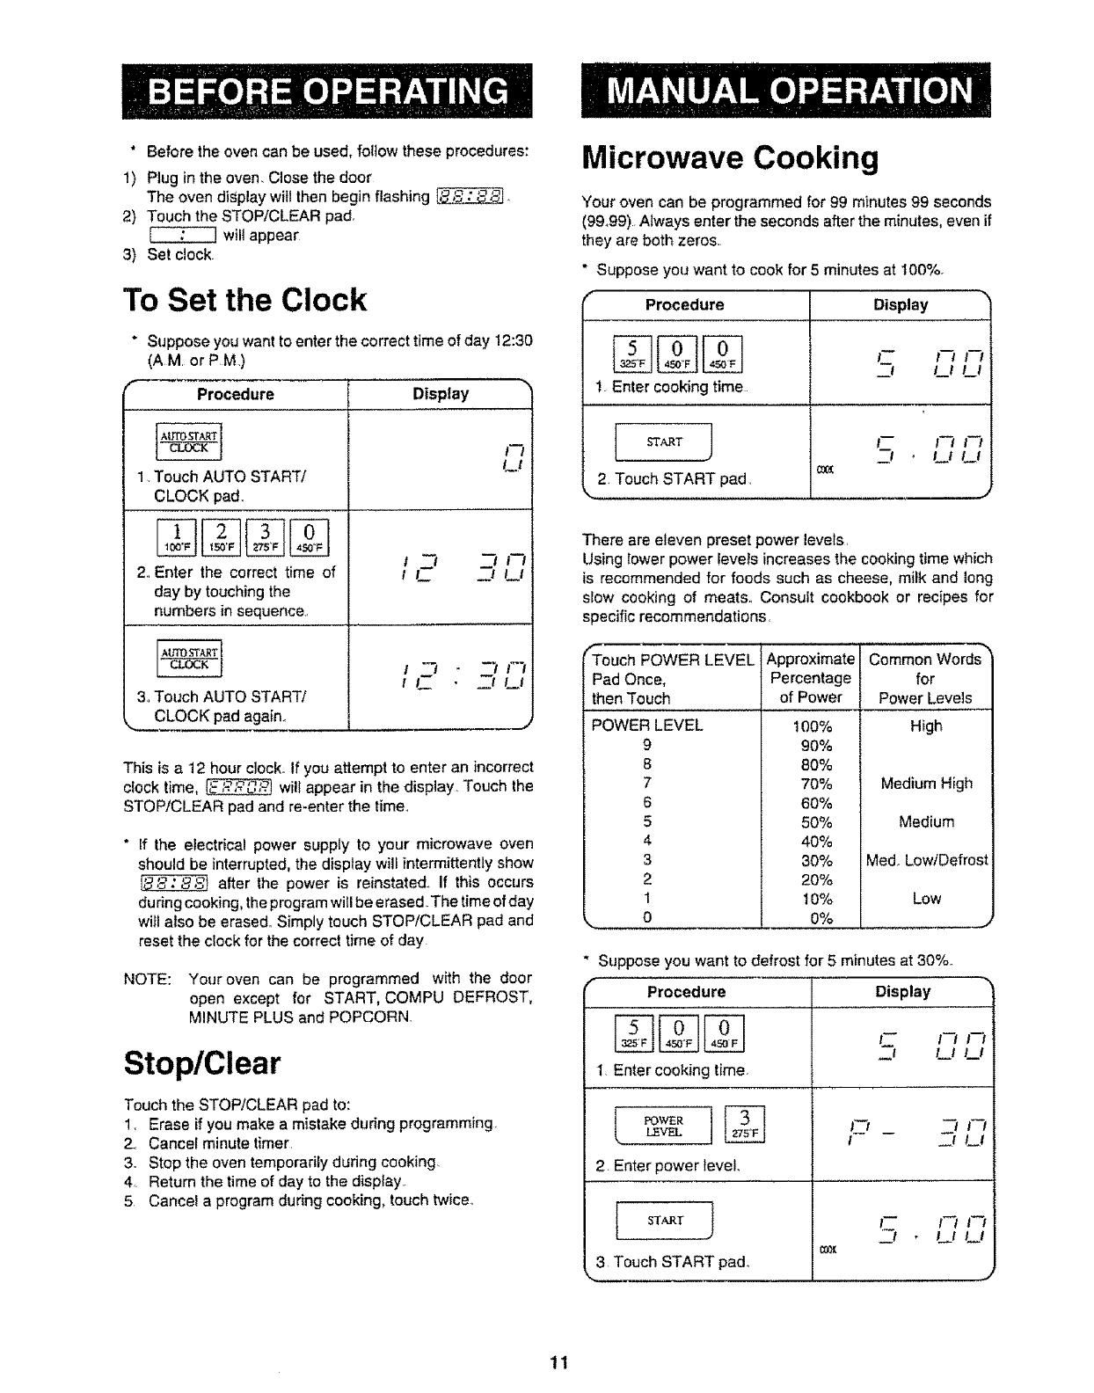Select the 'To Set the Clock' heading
pyautogui.click(x=244, y=300)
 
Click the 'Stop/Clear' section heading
pyautogui.click(x=202, y=1063)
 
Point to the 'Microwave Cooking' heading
pyautogui.click(x=730, y=158)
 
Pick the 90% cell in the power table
pyautogui.click(x=812, y=745)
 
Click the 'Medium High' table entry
pyautogui.click(x=926, y=784)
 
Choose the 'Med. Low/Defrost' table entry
pyautogui.click(x=926, y=860)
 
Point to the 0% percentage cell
pyautogui.click(x=812, y=918)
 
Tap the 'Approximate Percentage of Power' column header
pyautogui.click(x=811, y=678)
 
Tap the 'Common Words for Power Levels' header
pyautogui.click(x=925, y=678)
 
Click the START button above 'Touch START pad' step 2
pyautogui.click(x=665, y=442)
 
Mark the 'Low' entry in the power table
pyautogui.click(x=926, y=899)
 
